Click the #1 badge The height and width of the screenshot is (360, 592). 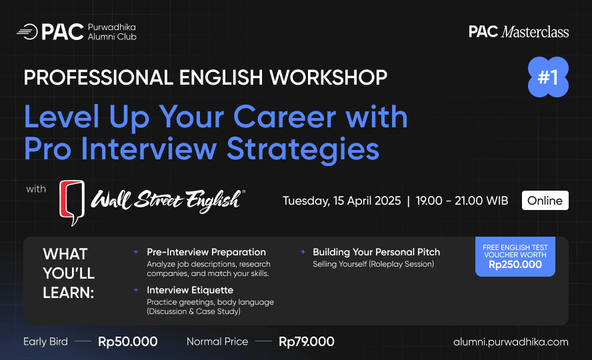pos(548,77)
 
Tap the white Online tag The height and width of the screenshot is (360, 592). pos(545,201)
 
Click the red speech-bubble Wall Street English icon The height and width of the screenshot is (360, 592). pos(72,203)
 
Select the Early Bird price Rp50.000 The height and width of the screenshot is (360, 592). pos(127,341)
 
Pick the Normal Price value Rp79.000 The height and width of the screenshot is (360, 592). pos(306,341)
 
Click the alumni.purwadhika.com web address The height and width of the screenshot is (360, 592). pos(511,342)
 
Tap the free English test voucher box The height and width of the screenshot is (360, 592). pos(515,257)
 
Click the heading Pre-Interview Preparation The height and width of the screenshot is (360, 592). pos(206,252)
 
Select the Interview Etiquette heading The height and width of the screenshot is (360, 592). pos(190,290)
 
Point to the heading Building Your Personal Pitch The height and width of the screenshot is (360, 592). pos(377,252)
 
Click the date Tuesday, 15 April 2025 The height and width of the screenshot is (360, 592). pos(342,201)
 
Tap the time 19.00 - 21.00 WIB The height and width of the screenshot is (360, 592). pos(462,201)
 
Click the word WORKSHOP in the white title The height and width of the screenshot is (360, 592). pos(328,77)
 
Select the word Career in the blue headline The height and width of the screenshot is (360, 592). pos(285,117)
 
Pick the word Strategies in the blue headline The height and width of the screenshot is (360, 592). pos(303,150)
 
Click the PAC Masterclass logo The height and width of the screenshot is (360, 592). pos(519,32)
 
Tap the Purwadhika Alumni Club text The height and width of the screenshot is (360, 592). pos(112,32)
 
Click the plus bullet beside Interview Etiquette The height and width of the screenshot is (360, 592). pos(136,290)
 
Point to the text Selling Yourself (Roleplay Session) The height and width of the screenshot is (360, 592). pos(373,264)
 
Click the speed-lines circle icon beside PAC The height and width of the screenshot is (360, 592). pos(27,32)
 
